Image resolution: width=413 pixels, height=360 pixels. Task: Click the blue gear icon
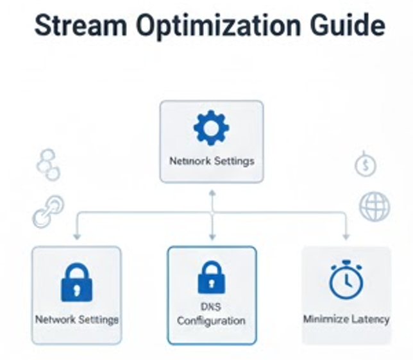pos(211,127)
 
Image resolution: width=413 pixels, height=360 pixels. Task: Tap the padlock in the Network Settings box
pos(76,282)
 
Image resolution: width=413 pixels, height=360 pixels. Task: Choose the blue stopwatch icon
pos(346,280)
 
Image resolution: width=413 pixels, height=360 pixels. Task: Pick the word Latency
pos(370,318)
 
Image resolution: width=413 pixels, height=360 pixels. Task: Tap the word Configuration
pos(212,320)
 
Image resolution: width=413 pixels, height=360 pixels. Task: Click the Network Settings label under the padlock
pos(76,318)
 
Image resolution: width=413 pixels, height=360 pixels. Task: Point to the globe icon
pos(374,207)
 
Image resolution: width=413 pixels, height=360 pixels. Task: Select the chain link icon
pos(48,212)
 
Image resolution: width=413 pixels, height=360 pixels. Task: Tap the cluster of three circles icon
pos(48,165)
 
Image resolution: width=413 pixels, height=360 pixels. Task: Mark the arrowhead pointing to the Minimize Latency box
pos(346,236)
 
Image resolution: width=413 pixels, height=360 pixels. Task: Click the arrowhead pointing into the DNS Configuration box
pos(212,237)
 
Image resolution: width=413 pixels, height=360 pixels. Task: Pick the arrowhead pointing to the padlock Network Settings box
pos(77,236)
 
